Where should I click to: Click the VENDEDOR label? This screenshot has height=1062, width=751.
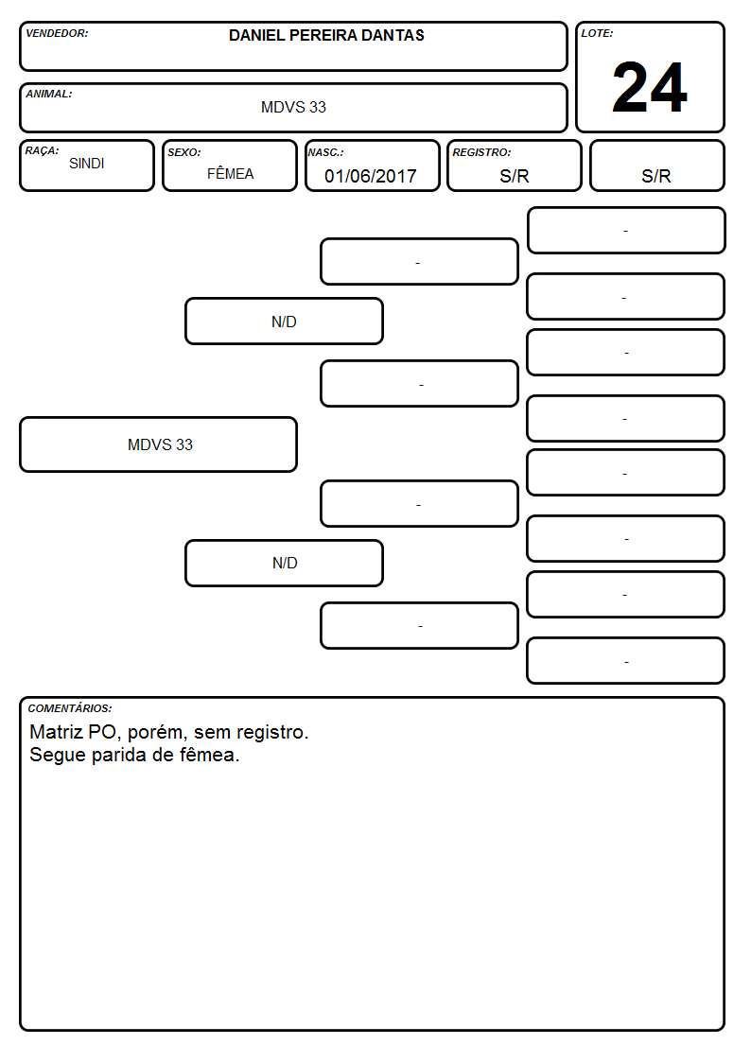57,33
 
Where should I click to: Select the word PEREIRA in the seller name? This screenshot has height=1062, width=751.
323,35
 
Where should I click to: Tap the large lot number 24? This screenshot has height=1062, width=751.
650,87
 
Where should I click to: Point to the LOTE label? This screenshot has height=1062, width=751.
597,33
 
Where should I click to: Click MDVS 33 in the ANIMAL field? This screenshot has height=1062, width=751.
293,107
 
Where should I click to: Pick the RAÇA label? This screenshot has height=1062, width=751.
42,150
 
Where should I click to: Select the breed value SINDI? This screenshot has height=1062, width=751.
87,164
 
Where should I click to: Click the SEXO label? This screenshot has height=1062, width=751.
184,152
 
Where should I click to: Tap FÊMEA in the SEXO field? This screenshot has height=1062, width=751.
230,173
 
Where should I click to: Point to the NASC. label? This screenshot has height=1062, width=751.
325,152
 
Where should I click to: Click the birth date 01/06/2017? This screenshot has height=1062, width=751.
371,176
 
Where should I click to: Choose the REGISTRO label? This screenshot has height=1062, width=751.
481,152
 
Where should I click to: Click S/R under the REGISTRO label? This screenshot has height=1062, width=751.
514,176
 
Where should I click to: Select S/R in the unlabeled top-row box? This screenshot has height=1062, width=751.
656,176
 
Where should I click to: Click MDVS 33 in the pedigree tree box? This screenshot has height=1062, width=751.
160,444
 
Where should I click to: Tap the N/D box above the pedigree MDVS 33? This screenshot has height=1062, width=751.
285,322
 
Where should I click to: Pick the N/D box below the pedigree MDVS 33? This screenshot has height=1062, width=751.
285,563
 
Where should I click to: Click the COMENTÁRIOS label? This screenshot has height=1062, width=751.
70,708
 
